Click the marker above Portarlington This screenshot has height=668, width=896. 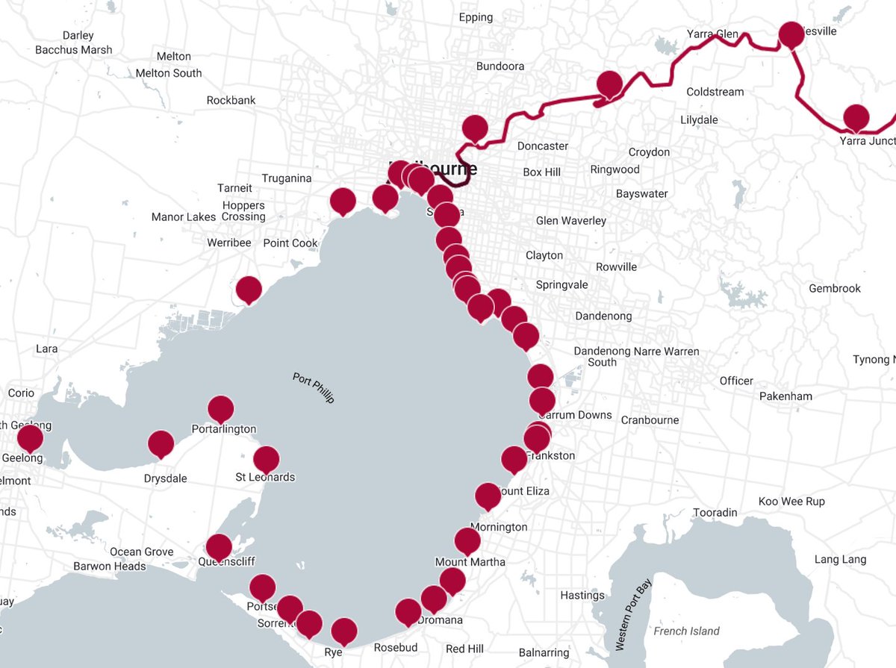(220, 408)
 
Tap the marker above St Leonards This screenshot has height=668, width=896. (266, 459)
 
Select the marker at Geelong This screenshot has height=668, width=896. (30, 437)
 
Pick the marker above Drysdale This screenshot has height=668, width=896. (161, 443)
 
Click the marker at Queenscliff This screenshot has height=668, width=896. (219, 547)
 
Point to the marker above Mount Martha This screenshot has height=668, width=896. (467, 540)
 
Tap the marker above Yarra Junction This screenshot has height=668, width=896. (856, 117)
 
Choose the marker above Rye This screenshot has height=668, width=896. (343, 631)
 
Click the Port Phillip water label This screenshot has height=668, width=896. (314, 388)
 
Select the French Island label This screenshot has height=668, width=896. (686, 631)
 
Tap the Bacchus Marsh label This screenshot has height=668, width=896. (74, 50)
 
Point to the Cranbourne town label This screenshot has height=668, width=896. (650, 420)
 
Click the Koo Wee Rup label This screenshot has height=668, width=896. (791, 502)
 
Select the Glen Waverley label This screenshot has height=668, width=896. (571, 221)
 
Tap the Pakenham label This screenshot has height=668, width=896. (785, 396)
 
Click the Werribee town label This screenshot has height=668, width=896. (229, 243)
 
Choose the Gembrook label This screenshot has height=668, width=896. (835, 289)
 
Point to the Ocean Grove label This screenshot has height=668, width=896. (141, 552)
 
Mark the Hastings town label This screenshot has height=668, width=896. (582, 596)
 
